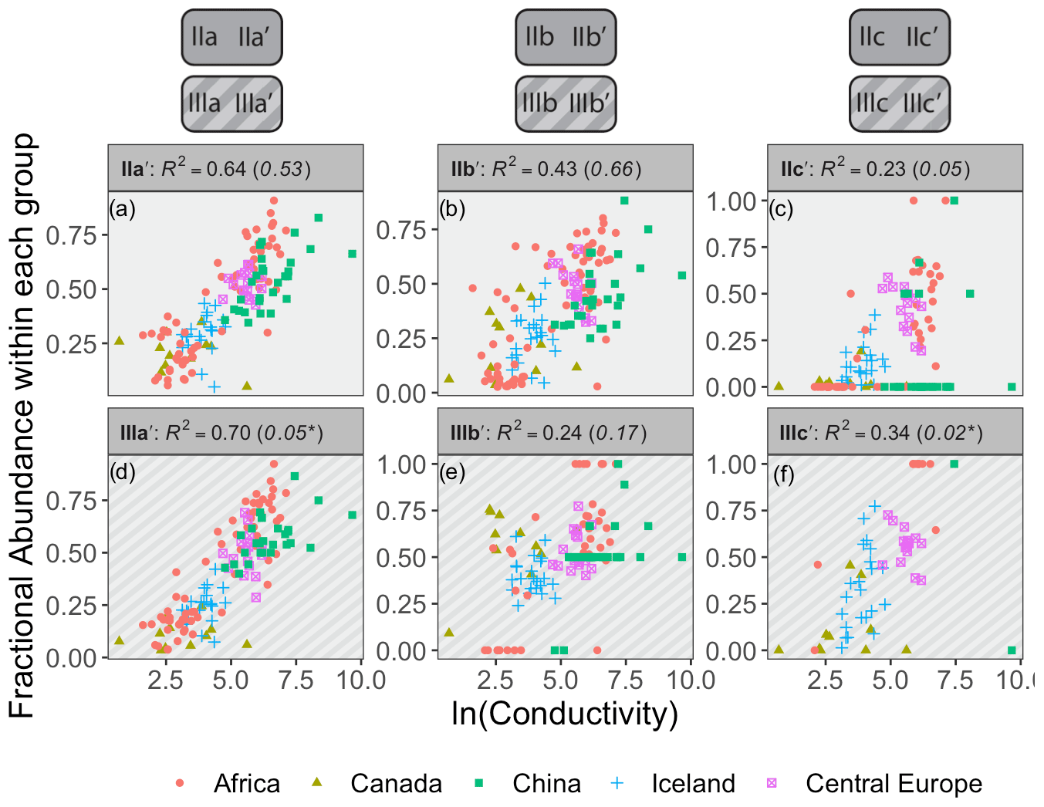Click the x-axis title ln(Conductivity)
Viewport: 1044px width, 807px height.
pos(564,714)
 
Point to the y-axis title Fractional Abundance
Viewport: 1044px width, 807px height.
pos(22,424)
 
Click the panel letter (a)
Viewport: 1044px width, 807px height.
pos(122,208)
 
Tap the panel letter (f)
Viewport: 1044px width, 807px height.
pos(783,474)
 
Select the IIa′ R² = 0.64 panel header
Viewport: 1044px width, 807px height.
pos(235,168)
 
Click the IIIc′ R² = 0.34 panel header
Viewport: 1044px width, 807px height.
pos(895,432)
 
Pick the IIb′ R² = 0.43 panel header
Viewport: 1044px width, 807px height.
pos(566,168)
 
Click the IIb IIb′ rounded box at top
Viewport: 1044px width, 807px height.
pos(566,37)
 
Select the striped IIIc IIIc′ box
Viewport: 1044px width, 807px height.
pos(900,103)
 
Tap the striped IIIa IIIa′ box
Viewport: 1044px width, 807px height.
pos(231,103)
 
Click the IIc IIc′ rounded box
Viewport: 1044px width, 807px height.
pos(900,37)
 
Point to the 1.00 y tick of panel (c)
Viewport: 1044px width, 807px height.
pos(731,202)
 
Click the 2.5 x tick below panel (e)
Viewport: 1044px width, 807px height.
pos(495,680)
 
